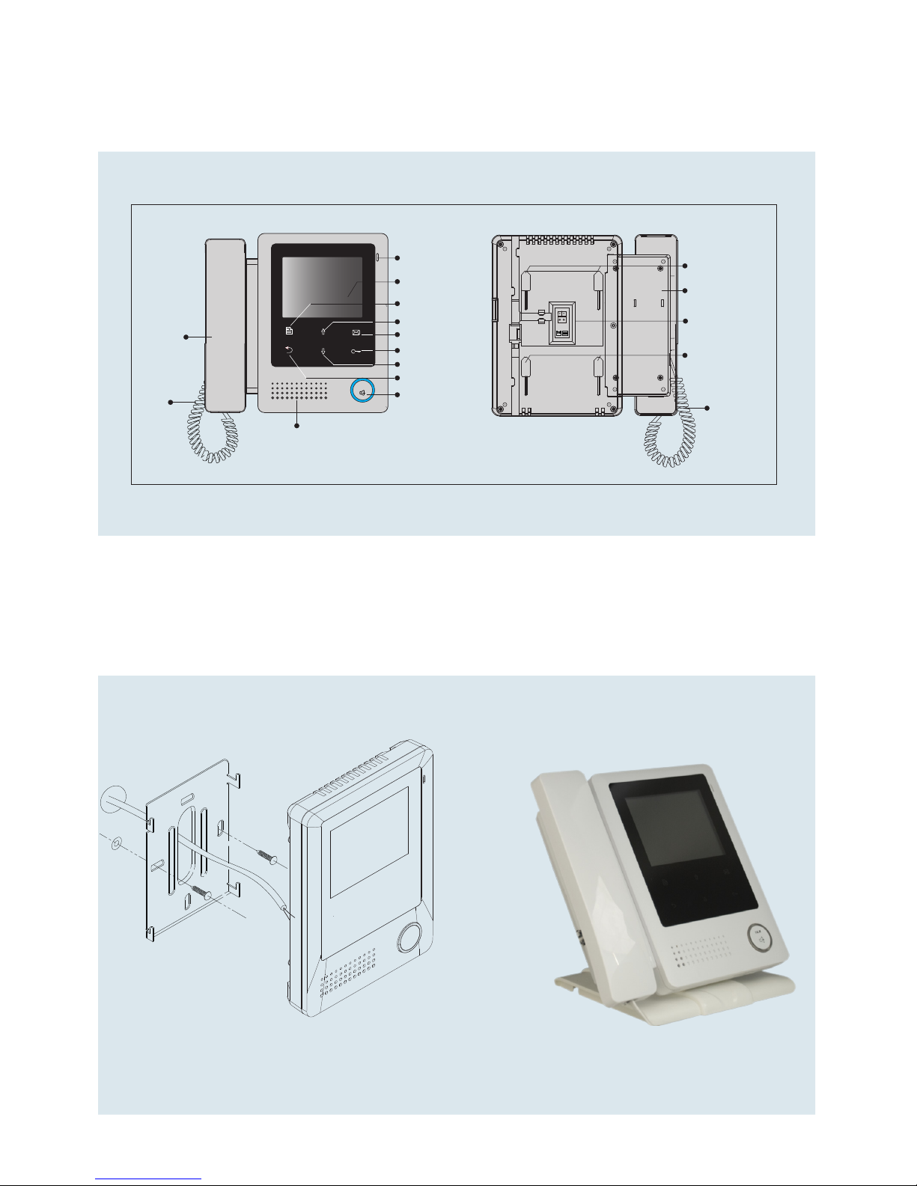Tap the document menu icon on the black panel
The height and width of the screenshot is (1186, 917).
(290, 330)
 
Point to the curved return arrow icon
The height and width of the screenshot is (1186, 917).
(290, 350)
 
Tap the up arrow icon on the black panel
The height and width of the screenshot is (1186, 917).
(323, 331)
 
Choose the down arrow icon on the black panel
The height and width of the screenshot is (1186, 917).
(323, 351)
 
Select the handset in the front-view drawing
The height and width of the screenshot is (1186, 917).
(225, 325)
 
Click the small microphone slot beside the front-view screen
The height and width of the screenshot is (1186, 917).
(377, 258)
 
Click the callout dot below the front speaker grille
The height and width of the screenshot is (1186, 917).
(297, 426)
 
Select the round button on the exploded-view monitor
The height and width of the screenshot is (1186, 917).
(409, 938)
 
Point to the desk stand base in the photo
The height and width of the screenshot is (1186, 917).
(674, 999)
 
